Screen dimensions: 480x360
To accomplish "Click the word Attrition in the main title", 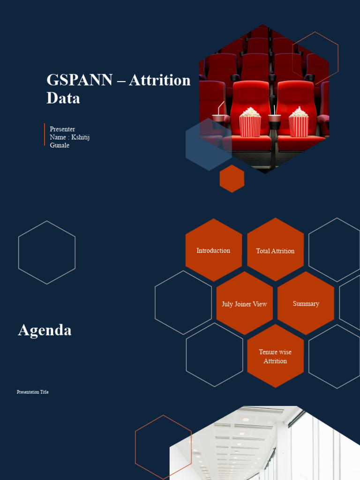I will (x=159, y=80).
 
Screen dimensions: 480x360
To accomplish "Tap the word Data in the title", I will (x=63, y=98).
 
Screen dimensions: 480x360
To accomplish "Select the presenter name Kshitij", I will (x=80, y=137).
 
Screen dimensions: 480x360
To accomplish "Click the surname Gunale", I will (x=60, y=145).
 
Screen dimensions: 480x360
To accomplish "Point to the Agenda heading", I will (x=45, y=330).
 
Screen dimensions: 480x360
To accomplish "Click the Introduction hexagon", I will (x=213, y=250).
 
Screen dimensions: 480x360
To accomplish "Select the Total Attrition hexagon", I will (x=275, y=250).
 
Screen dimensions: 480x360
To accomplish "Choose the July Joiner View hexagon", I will (x=244, y=304).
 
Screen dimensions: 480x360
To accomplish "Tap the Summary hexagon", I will (x=306, y=303).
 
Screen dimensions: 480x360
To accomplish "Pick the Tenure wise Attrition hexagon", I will (x=275, y=356).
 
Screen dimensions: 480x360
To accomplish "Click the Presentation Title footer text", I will (x=33, y=392).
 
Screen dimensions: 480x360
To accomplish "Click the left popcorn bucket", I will (x=250, y=124).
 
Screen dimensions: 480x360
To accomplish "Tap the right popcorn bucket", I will (x=299, y=124).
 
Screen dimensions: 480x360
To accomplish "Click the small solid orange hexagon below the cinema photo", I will (x=232, y=179).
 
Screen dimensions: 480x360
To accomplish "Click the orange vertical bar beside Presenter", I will (x=45, y=135).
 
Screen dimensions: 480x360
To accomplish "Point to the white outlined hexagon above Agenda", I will (x=47, y=252).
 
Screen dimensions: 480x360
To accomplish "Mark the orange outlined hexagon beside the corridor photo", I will (x=163, y=447).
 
